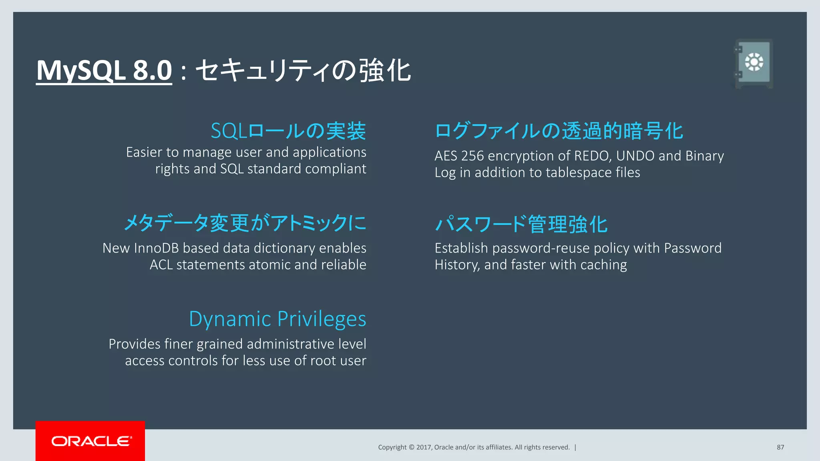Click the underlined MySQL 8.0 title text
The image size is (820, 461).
[104, 70]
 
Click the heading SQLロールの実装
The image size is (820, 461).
[288, 131]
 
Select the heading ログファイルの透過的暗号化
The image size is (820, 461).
[559, 131]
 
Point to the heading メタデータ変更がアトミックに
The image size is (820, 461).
[245, 223]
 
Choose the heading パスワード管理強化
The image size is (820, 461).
[521, 224]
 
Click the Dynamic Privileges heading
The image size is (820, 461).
[277, 319]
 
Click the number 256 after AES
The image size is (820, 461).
[472, 156]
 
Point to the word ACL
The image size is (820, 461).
[161, 265]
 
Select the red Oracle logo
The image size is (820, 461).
[90, 441]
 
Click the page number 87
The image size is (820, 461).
[780, 447]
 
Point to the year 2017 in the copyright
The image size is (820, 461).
[423, 447]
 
